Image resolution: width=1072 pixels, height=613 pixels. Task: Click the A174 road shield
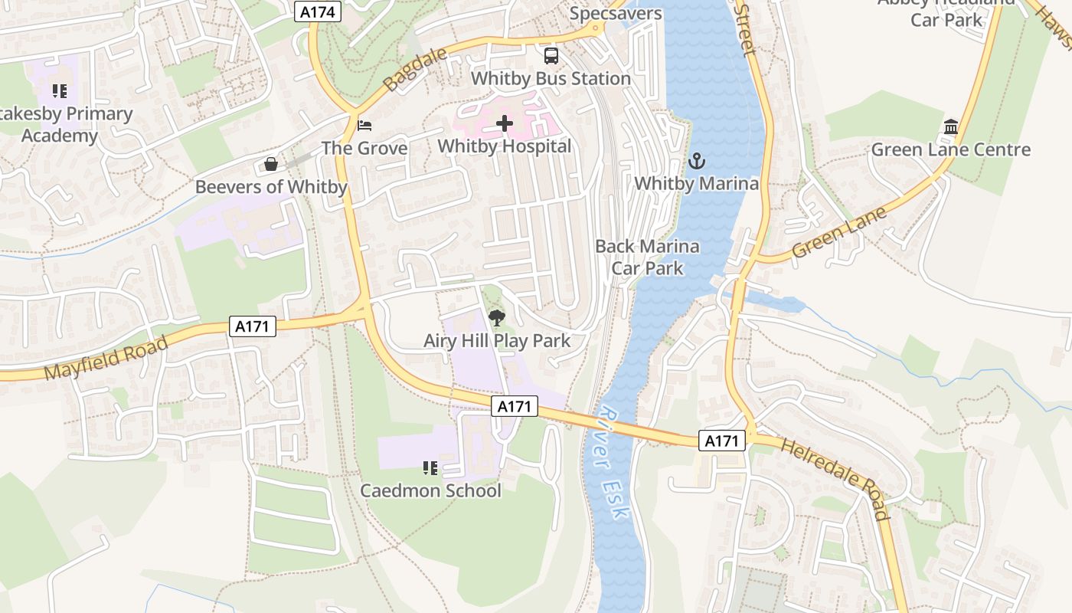[x=318, y=11]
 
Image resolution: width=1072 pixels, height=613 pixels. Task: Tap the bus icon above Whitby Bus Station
[x=551, y=55]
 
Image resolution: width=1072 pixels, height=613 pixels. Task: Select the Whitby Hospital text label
[x=505, y=146]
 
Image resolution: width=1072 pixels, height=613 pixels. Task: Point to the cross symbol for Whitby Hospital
[x=505, y=123]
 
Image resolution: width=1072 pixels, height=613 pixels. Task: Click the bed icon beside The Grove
[x=365, y=125]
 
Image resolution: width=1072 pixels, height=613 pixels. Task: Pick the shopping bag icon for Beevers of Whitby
[x=271, y=164]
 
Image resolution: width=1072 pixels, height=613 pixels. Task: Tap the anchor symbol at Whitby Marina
[x=696, y=161]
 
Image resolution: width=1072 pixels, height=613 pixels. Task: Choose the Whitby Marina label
[x=696, y=183]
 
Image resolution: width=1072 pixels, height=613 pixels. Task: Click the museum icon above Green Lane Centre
[x=951, y=126]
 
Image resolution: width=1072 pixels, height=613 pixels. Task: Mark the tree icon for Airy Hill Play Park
[x=497, y=318]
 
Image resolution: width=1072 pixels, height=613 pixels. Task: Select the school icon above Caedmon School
[x=430, y=467]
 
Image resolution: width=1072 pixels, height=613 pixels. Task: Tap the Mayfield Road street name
[x=106, y=358]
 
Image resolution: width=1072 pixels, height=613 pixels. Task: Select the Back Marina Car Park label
[x=647, y=257]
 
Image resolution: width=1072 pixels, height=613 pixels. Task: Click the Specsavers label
[x=616, y=13]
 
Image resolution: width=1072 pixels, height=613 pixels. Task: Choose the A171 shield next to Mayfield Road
[x=252, y=326]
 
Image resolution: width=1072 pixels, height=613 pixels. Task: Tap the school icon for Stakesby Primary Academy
[x=60, y=91]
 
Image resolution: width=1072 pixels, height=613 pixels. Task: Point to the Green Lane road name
[x=839, y=232]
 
